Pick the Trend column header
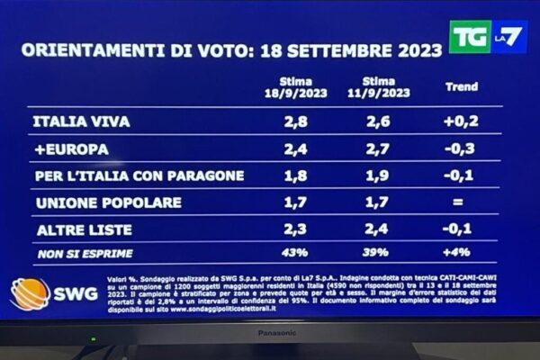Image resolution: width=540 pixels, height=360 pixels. (x=463, y=88)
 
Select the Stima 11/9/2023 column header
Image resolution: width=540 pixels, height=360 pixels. (x=386, y=87)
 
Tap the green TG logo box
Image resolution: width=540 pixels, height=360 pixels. (x=470, y=36)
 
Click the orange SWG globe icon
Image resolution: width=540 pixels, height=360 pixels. (x=30, y=294)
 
